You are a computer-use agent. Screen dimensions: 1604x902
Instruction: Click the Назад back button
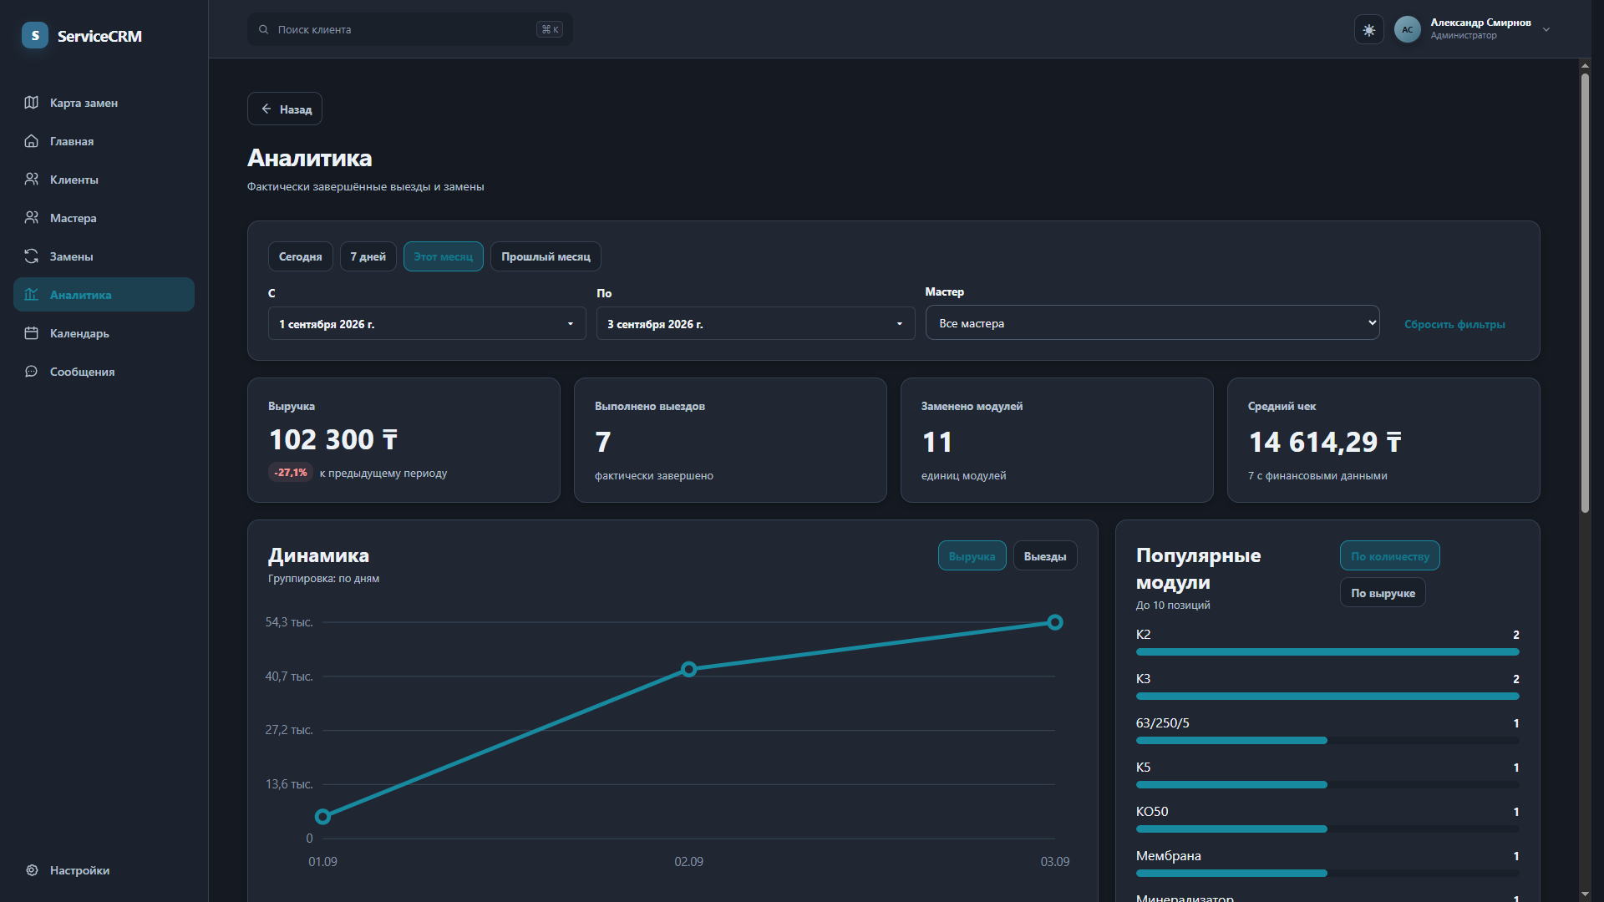(x=285, y=109)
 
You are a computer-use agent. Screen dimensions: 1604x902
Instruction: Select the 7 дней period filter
(x=368, y=256)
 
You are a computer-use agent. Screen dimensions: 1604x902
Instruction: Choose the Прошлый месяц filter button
(x=546, y=256)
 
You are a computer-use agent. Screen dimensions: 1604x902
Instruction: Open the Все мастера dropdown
(x=1152, y=323)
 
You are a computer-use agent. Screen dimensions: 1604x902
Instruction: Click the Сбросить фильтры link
(x=1454, y=324)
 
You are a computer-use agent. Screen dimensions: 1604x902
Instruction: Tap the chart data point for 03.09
(x=1055, y=622)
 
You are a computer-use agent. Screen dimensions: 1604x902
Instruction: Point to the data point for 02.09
(x=689, y=669)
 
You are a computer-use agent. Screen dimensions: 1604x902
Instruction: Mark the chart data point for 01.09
(x=322, y=816)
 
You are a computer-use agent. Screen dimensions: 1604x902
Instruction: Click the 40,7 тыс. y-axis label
(x=289, y=676)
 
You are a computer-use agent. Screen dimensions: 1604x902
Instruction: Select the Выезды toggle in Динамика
(x=1045, y=556)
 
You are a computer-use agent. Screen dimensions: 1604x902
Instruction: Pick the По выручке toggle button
(x=1383, y=593)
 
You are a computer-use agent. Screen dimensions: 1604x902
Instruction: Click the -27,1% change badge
(x=291, y=473)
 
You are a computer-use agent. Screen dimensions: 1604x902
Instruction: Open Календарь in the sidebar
(x=79, y=333)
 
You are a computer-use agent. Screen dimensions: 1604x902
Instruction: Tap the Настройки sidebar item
(x=79, y=870)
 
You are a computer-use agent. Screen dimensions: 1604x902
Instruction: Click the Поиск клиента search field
(x=410, y=29)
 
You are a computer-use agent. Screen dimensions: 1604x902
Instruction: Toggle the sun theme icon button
(x=1368, y=30)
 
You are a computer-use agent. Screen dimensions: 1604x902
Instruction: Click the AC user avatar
(x=1408, y=29)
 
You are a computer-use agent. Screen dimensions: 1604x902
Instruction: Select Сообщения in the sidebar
(x=82, y=372)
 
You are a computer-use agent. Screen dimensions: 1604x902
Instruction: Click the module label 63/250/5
(x=1163, y=723)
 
